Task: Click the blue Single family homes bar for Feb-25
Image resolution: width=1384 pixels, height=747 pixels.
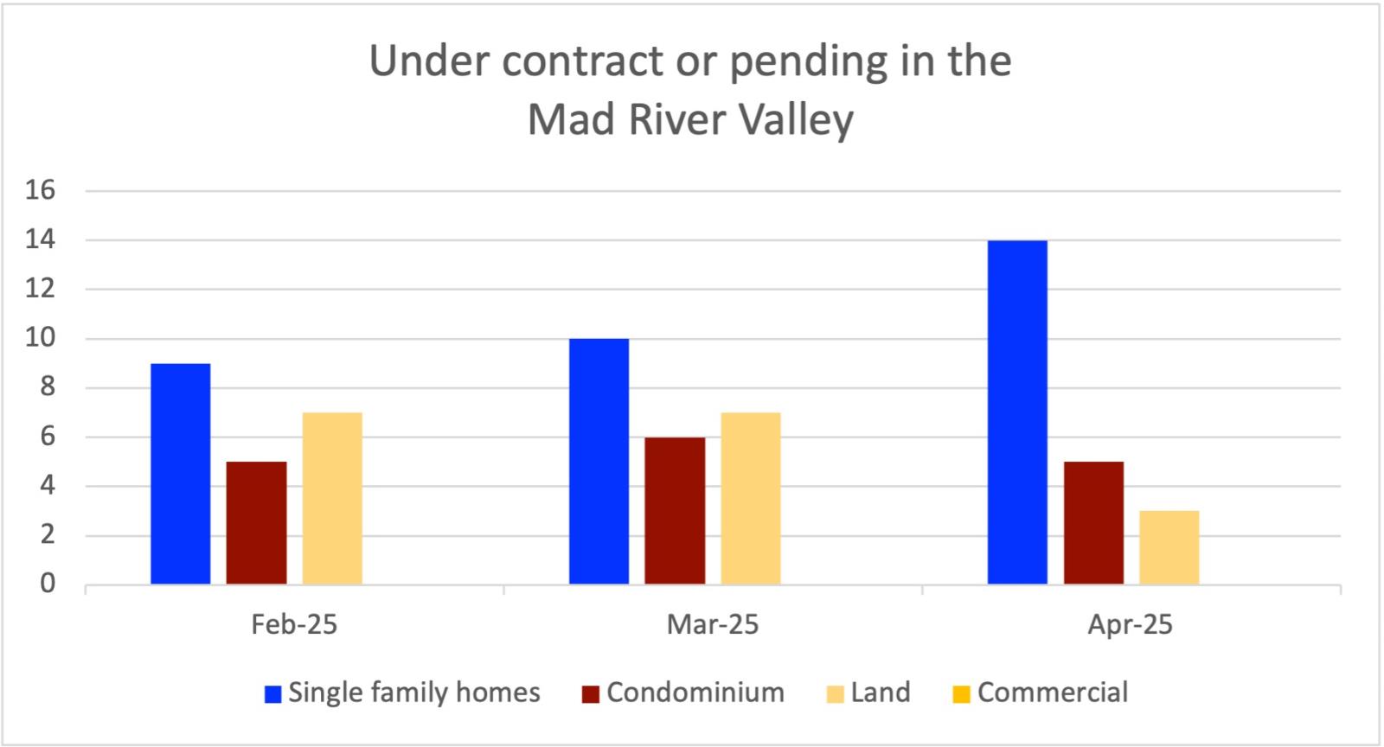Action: [x=180, y=474]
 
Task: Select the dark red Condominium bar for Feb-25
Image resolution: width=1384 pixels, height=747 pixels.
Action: [x=256, y=523]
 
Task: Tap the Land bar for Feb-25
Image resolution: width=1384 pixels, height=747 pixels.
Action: [x=332, y=498]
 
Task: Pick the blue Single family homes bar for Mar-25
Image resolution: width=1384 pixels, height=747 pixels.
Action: [x=599, y=462]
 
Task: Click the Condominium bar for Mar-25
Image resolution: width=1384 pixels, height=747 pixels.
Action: [x=675, y=511]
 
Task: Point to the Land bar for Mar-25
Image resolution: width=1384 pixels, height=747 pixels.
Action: [x=751, y=498]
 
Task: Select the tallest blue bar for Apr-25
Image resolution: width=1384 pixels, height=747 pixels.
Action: [x=1017, y=412]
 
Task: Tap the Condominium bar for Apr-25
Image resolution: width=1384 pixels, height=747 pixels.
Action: [x=1093, y=523]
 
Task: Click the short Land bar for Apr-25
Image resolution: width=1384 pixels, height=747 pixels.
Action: [x=1169, y=547]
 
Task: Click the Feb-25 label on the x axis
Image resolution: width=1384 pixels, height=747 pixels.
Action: [x=294, y=624]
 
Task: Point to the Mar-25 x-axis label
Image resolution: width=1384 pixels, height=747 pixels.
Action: [x=713, y=624]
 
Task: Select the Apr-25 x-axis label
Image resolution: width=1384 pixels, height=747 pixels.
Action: [x=1131, y=624]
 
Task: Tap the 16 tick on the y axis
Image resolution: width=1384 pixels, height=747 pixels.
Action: [x=41, y=190]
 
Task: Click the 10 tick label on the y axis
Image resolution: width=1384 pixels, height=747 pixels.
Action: [x=41, y=338]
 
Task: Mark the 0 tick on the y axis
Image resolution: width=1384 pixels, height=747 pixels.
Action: [x=47, y=584]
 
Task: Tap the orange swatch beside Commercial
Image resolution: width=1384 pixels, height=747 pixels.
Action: [x=962, y=694]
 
